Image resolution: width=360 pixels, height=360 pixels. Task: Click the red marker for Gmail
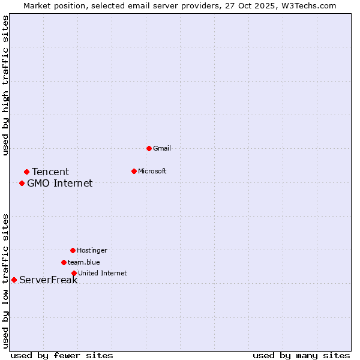click(149, 148)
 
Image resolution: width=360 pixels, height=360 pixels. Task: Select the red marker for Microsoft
click(134, 171)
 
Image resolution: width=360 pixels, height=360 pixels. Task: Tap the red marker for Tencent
click(26, 172)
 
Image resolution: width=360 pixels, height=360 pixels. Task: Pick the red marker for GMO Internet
click(22, 183)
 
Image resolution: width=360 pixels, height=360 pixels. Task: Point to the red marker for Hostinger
click(73, 250)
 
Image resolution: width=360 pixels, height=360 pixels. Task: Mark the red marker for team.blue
click(64, 262)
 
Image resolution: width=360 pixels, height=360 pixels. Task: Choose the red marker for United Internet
click(74, 273)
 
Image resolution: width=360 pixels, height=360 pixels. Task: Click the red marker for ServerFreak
click(14, 280)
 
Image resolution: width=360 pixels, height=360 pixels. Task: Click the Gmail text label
click(162, 148)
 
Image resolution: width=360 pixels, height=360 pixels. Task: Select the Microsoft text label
click(152, 171)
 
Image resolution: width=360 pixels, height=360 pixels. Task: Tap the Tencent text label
click(50, 172)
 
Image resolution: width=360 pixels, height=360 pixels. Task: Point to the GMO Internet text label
click(60, 184)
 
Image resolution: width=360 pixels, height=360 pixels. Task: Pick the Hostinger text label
click(92, 250)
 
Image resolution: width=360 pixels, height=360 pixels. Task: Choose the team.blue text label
click(84, 262)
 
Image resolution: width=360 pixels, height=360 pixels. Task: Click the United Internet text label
click(103, 273)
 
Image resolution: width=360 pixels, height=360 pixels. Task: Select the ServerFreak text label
click(49, 280)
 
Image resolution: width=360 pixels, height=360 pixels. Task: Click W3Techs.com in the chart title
click(307, 5)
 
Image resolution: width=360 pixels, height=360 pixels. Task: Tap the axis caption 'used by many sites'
click(301, 355)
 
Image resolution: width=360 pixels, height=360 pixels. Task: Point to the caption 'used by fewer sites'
click(62, 355)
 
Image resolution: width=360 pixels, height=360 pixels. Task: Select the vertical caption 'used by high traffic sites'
click(6, 86)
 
